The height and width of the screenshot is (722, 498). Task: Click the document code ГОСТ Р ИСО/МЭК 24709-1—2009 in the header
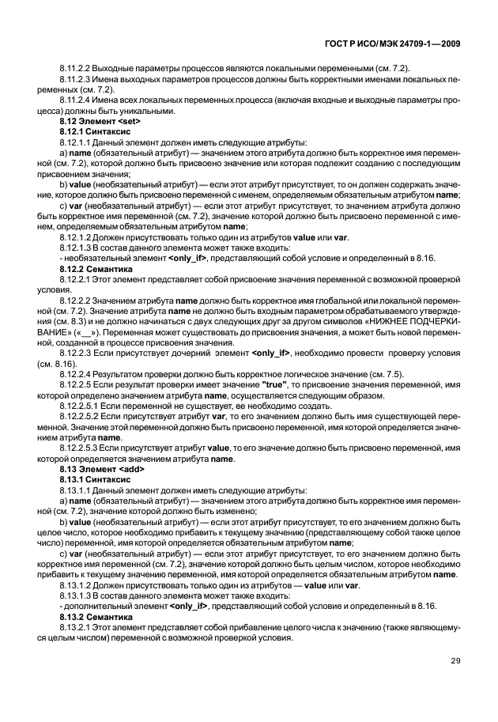(x=392, y=44)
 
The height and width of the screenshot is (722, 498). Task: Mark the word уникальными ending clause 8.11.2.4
(x=146, y=112)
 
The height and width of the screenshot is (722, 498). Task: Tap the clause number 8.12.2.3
(x=76, y=351)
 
